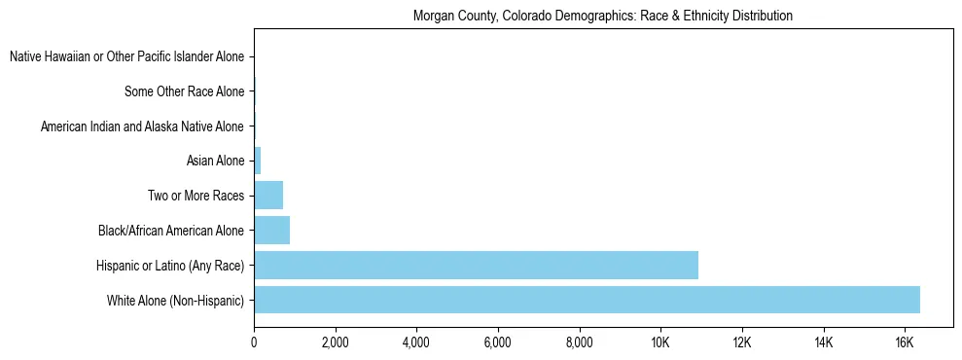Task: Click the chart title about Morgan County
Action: click(602, 17)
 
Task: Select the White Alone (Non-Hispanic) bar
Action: click(587, 300)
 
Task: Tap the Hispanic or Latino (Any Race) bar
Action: click(476, 265)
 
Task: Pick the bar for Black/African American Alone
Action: click(271, 230)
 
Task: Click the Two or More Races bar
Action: click(268, 195)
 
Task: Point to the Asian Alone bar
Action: click(258, 160)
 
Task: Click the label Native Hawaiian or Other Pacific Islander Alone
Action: click(126, 57)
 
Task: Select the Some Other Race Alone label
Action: click(184, 92)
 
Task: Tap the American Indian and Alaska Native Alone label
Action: click(142, 127)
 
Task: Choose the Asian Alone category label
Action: click(215, 162)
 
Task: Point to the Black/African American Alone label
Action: click(170, 232)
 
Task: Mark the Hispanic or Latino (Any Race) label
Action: click(169, 266)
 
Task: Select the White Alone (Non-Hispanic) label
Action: click(175, 301)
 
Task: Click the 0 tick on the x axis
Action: click(254, 342)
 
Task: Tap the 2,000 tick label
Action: click(335, 342)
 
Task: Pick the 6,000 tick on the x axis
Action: click(497, 342)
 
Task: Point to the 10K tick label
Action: click(660, 342)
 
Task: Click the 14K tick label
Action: click(823, 342)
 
